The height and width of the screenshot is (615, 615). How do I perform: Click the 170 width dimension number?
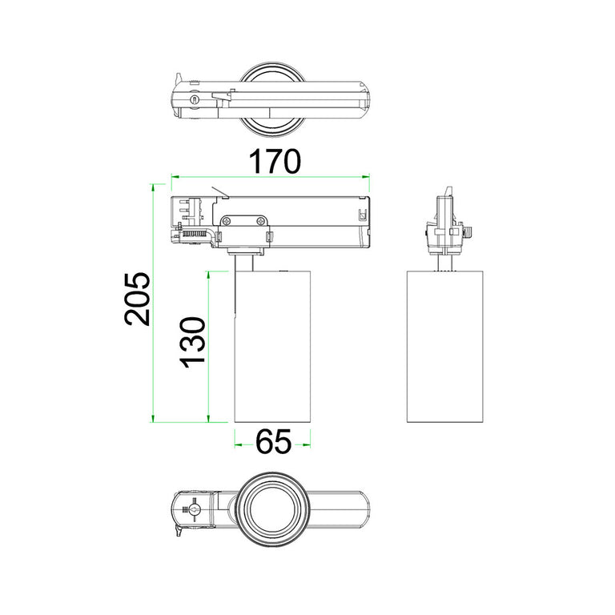[x=275, y=161]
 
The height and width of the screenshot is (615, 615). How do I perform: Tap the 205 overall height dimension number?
[x=138, y=299]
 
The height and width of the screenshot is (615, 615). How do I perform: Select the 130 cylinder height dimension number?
[x=193, y=343]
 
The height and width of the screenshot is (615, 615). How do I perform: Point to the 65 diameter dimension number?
[x=273, y=441]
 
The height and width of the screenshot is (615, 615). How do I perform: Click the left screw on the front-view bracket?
[x=227, y=222]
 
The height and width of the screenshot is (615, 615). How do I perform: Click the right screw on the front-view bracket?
[x=260, y=222]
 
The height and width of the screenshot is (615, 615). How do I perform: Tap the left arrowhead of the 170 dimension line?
[x=175, y=177]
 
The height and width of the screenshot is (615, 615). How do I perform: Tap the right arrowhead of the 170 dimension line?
[x=365, y=177]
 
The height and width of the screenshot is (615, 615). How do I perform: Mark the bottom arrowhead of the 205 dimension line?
[x=154, y=418]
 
